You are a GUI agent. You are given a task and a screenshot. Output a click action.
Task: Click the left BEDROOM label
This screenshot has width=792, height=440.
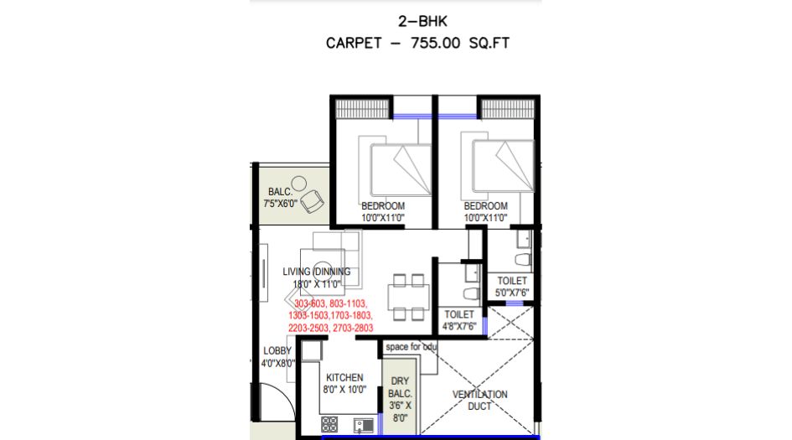tap(383, 211)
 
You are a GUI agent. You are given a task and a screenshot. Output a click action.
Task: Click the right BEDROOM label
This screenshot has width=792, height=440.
tap(486, 211)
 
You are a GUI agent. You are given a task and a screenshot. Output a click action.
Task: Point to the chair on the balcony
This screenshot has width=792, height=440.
tap(313, 199)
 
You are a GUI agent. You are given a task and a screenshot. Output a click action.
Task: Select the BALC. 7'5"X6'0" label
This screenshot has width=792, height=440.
tap(279, 197)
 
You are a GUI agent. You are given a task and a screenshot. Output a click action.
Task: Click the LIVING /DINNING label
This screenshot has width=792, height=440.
tap(316, 277)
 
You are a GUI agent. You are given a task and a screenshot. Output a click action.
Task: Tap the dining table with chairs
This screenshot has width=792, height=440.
tap(409, 297)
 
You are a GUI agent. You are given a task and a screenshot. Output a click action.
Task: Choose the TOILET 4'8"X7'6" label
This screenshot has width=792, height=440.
tap(459, 320)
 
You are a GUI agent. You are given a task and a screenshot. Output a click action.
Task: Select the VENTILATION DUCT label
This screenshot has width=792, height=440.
tap(479, 399)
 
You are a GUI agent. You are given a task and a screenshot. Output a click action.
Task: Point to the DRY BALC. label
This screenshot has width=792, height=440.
tap(400, 399)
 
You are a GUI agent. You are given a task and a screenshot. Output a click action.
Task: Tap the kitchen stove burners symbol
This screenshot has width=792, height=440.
tap(329, 424)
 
